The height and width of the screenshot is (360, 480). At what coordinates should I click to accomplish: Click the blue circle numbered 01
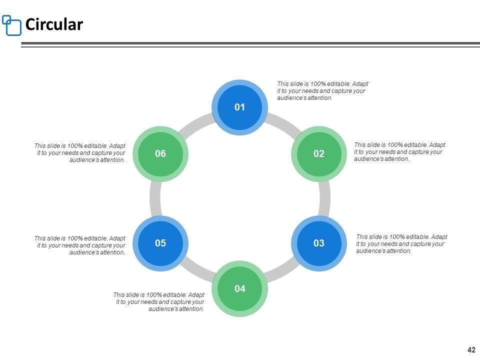point(240,107)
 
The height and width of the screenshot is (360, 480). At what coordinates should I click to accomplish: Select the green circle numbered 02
point(319,154)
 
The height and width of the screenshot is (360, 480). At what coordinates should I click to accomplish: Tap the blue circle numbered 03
point(319,243)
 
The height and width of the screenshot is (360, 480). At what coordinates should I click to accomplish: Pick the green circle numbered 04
point(240,288)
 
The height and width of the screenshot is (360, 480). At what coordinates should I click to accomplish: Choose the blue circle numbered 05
point(160,243)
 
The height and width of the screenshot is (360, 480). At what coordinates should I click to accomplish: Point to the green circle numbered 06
point(160,154)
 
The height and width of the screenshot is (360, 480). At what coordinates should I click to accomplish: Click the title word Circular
point(54,24)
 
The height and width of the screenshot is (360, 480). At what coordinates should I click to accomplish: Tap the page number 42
point(471,350)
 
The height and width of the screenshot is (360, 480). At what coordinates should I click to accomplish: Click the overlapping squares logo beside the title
point(12,25)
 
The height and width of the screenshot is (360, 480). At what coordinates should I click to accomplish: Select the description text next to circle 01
point(322,91)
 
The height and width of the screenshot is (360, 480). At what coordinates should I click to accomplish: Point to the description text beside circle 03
point(401,244)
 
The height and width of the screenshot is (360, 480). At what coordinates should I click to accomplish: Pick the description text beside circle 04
point(159,302)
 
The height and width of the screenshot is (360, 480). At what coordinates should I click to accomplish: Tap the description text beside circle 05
point(80,245)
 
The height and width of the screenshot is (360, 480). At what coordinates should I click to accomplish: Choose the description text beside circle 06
point(80,153)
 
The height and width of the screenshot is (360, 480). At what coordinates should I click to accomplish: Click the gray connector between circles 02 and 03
point(324,198)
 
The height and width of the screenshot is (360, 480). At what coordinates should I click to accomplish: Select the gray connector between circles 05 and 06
point(155,198)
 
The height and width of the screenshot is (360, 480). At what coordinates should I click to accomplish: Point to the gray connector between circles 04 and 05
point(196,270)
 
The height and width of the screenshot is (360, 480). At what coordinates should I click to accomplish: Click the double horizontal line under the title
point(250,45)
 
